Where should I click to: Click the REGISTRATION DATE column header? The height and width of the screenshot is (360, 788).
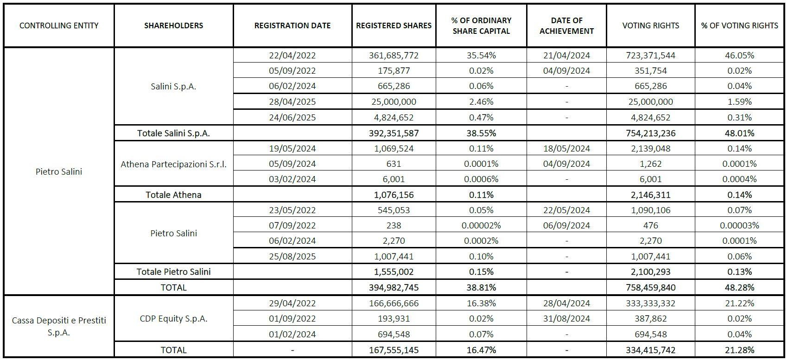coord(292,25)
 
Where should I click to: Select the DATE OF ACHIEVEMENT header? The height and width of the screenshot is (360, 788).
coord(566,25)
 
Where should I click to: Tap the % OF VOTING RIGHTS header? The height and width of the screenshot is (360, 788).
coord(739,25)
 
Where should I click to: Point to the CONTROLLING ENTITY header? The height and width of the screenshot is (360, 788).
coord(59,25)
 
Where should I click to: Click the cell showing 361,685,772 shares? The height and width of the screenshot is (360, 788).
coord(394,55)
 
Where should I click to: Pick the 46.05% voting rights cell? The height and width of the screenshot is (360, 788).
coord(739,55)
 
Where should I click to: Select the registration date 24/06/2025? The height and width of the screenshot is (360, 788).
coord(292,117)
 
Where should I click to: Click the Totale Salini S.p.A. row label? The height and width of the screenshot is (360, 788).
coord(173,133)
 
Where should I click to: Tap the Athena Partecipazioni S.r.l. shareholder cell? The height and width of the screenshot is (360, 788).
coord(173,164)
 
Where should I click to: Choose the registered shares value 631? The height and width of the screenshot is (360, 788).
coord(394,164)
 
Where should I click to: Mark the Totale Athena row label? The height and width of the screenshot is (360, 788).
coord(173,195)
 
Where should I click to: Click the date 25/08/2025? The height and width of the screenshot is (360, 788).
coord(292,256)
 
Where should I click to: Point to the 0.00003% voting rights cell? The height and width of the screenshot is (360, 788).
coord(739,225)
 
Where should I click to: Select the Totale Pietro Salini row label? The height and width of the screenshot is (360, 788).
coord(173,272)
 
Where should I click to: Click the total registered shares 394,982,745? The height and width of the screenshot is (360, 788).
coord(394,287)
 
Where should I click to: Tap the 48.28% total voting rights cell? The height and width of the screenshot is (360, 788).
coord(739,287)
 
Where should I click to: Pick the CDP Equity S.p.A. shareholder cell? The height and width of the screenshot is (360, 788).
coord(173,318)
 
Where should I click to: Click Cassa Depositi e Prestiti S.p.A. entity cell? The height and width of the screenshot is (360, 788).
coord(59,326)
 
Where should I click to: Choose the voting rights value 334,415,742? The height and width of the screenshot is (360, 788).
coord(650,350)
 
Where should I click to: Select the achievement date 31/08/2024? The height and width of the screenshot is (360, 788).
coord(566,318)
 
